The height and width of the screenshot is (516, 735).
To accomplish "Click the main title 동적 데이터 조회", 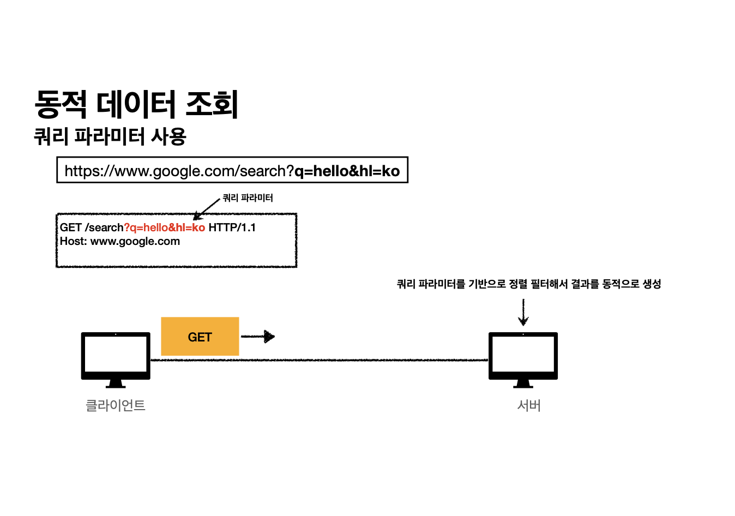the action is point(136,104).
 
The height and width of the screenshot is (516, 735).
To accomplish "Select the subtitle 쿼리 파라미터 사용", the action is point(110,136).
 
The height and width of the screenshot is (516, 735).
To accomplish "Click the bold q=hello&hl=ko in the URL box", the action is point(347,171).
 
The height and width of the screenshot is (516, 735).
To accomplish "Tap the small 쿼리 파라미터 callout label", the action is point(248,197).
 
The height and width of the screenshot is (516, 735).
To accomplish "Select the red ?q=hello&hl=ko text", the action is point(165,227).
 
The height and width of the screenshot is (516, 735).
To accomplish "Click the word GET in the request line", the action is point(71,227).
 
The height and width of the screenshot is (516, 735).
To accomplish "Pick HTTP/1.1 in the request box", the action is point(232,227).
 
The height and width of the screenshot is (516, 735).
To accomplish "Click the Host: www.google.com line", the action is point(120,241).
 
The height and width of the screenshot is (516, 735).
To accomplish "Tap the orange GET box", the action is point(200,337).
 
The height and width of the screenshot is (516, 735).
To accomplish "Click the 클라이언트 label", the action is point(116,405).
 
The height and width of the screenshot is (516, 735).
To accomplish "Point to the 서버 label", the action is point(529,405).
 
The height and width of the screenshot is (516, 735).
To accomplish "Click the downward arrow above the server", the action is point(523,312).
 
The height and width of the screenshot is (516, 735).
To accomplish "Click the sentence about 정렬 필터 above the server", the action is point(529,284).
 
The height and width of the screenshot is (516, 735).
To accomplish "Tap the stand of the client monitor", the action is point(116,383).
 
